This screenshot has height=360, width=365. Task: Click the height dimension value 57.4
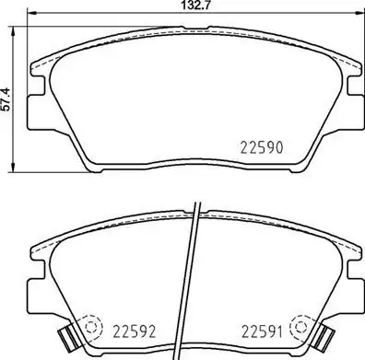[6, 99]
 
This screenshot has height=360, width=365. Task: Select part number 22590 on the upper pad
[262, 148]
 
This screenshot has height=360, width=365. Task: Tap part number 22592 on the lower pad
[135, 331]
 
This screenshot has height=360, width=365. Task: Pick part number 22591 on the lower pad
[262, 331]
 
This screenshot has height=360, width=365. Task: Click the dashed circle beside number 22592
[91, 327]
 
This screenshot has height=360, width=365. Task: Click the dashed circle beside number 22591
[302, 327]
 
